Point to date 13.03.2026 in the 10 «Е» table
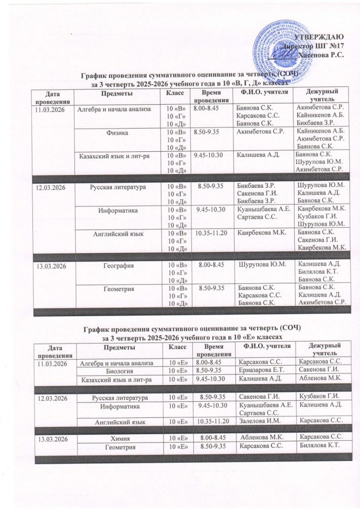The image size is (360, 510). coord(52,437)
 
